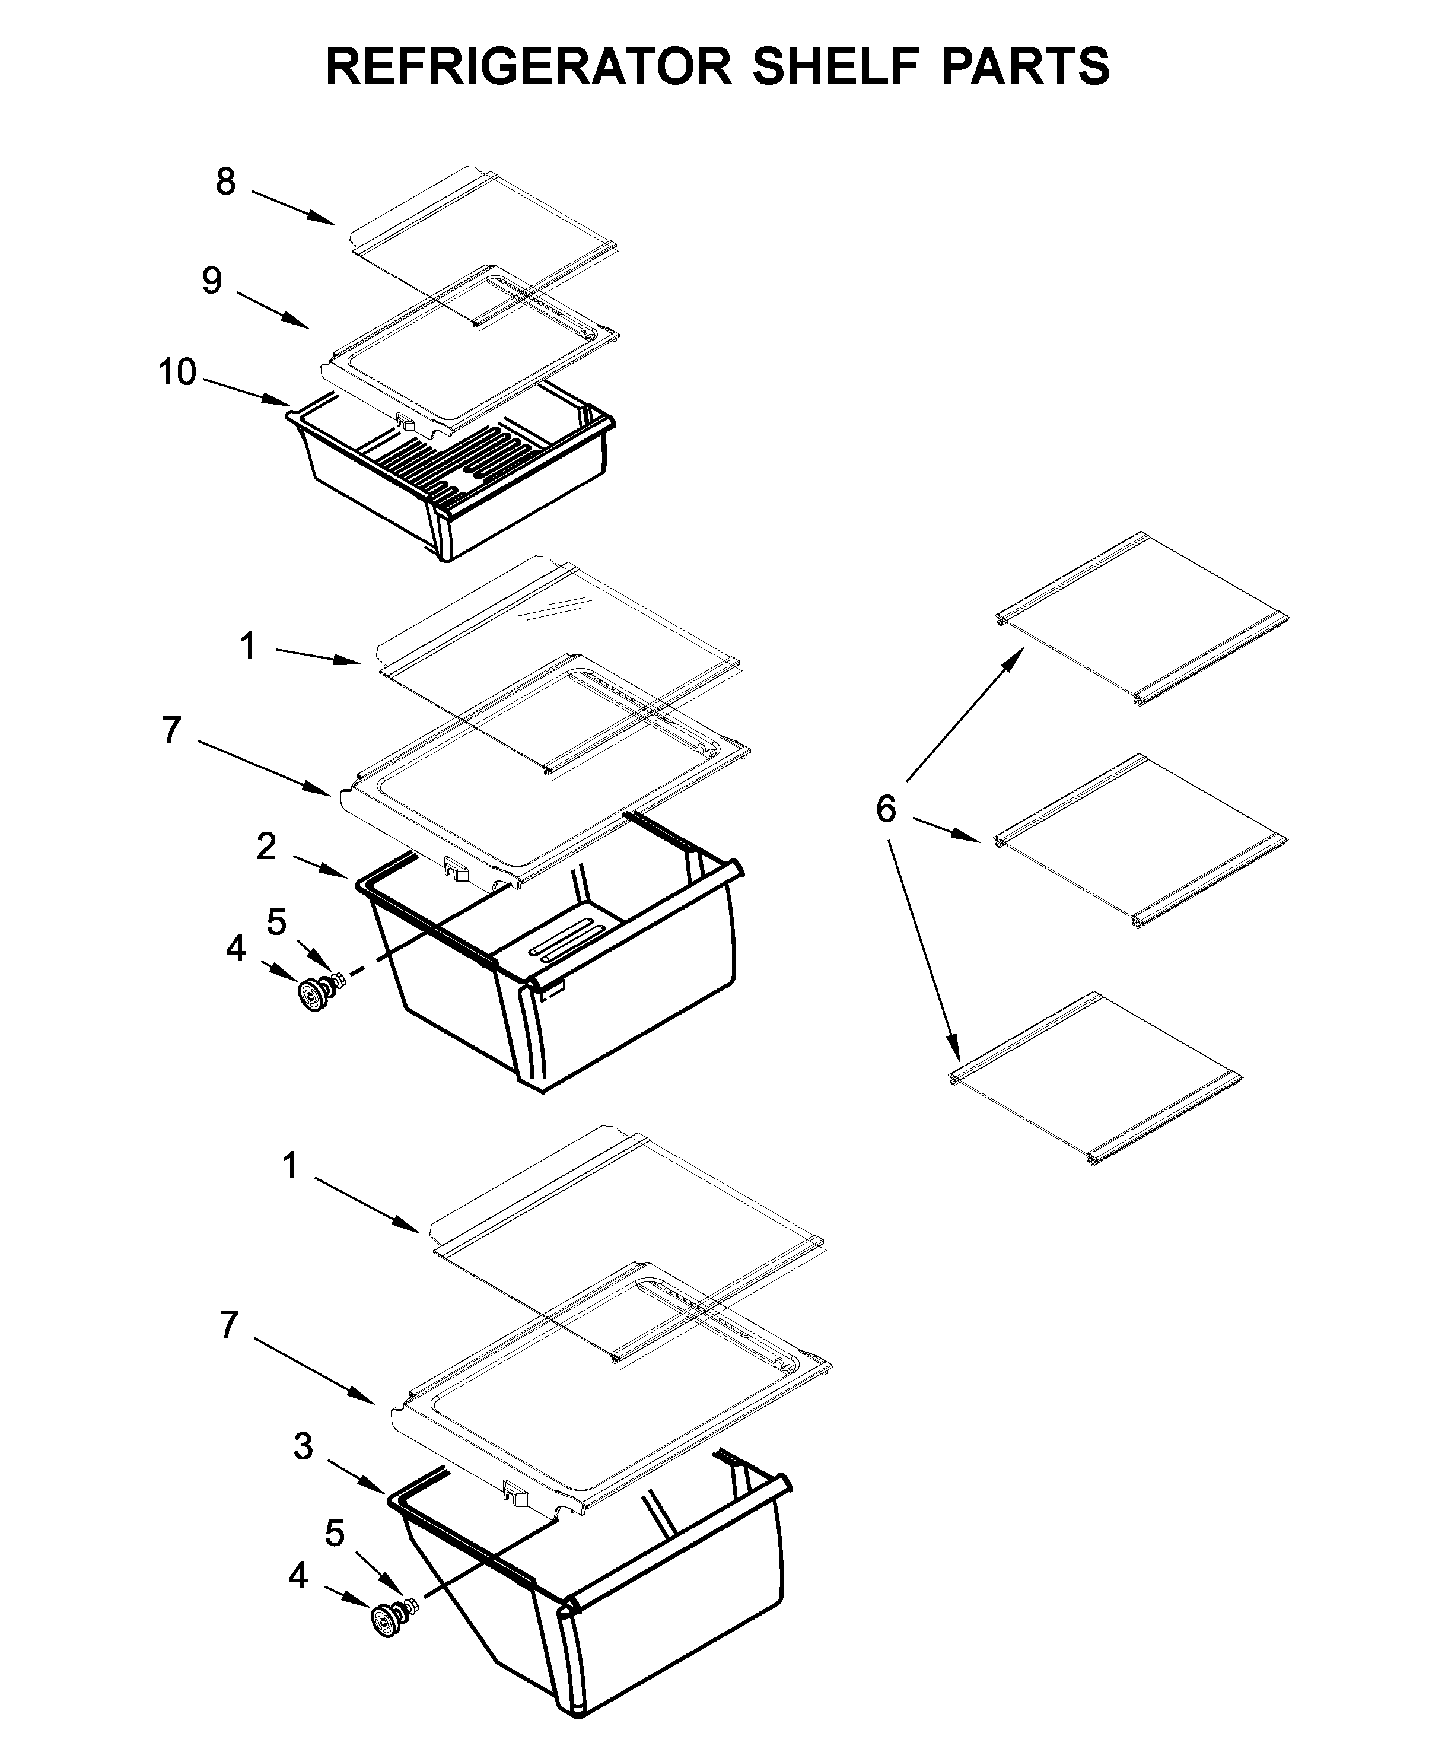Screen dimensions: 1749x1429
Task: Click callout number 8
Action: point(225,182)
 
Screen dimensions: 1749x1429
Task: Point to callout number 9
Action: point(212,281)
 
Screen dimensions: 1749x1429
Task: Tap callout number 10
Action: point(177,373)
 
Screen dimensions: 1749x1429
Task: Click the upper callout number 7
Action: point(170,729)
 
